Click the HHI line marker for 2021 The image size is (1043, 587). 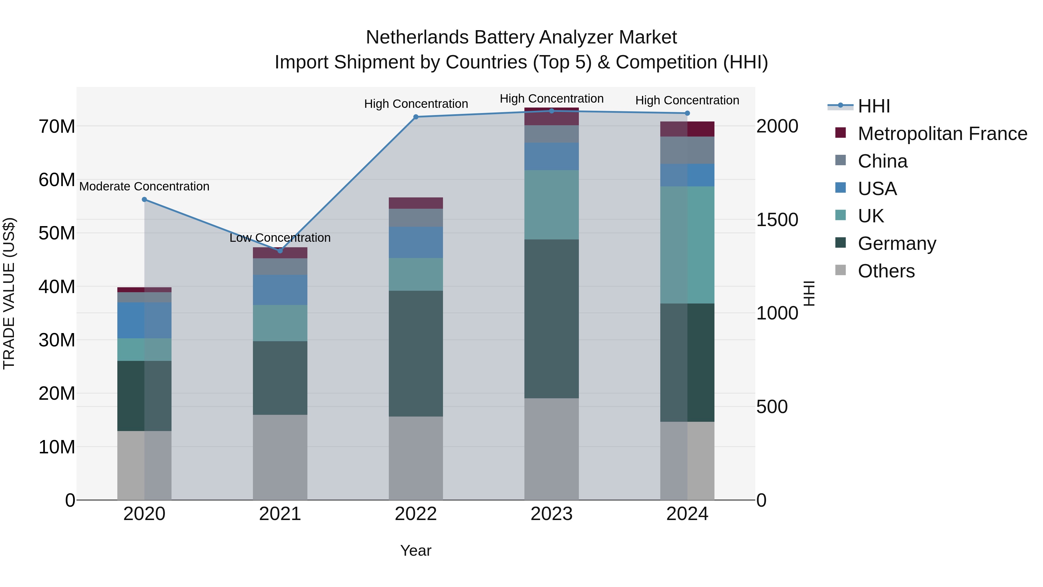(280, 251)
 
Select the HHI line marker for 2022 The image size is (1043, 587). (416, 117)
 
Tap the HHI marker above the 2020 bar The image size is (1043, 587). (145, 199)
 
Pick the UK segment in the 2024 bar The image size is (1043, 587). (687, 245)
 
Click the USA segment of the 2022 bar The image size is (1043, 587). (416, 242)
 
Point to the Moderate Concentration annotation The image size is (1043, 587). (145, 186)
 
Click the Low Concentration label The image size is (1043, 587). (280, 238)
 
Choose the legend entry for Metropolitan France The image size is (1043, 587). (942, 134)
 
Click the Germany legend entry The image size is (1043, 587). (896, 243)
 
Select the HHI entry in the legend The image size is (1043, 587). (874, 106)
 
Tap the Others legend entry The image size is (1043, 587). (886, 271)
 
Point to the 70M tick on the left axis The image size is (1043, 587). (57, 126)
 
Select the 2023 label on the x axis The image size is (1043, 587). (551, 514)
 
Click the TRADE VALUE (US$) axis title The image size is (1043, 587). (9, 293)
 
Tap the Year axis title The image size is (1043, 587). (416, 550)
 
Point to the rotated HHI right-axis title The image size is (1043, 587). (809, 293)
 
